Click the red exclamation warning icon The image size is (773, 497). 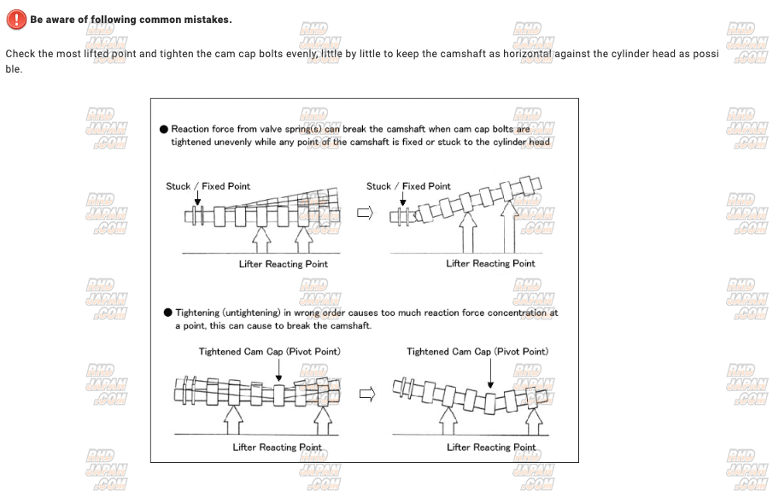15,20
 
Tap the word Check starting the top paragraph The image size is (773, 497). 22,54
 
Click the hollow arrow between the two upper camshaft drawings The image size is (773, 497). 365,213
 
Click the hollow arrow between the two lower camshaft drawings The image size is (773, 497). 366,395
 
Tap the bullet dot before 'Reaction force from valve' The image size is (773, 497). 164,130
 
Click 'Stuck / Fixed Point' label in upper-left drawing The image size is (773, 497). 208,186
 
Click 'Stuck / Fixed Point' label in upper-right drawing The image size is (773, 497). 408,186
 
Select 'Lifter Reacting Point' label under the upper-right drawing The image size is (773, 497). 490,264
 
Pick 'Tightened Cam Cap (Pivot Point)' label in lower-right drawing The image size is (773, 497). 477,352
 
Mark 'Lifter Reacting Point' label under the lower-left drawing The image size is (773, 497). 278,447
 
